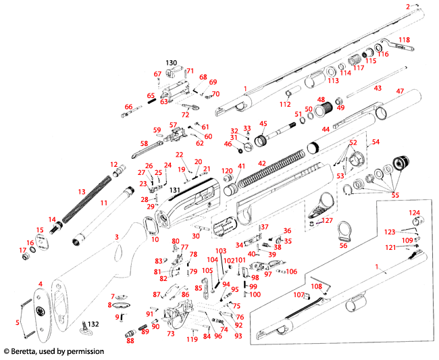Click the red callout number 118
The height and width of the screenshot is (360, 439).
point(404,40)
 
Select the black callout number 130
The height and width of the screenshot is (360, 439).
point(172,63)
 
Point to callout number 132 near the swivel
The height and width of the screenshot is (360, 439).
point(93,324)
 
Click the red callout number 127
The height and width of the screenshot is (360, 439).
point(327,220)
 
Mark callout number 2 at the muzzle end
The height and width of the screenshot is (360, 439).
point(408,6)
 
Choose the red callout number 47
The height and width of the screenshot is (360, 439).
point(400,91)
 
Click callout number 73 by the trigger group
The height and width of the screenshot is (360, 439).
point(171,333)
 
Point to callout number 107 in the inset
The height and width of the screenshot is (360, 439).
point(298,294)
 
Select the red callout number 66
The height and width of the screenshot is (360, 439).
point(128,106)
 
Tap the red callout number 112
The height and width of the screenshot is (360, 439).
point(285,104)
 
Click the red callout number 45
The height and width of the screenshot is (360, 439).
point(263,124)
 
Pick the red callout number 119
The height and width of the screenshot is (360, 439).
point(192,340)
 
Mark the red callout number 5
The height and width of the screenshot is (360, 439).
point(18,323)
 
